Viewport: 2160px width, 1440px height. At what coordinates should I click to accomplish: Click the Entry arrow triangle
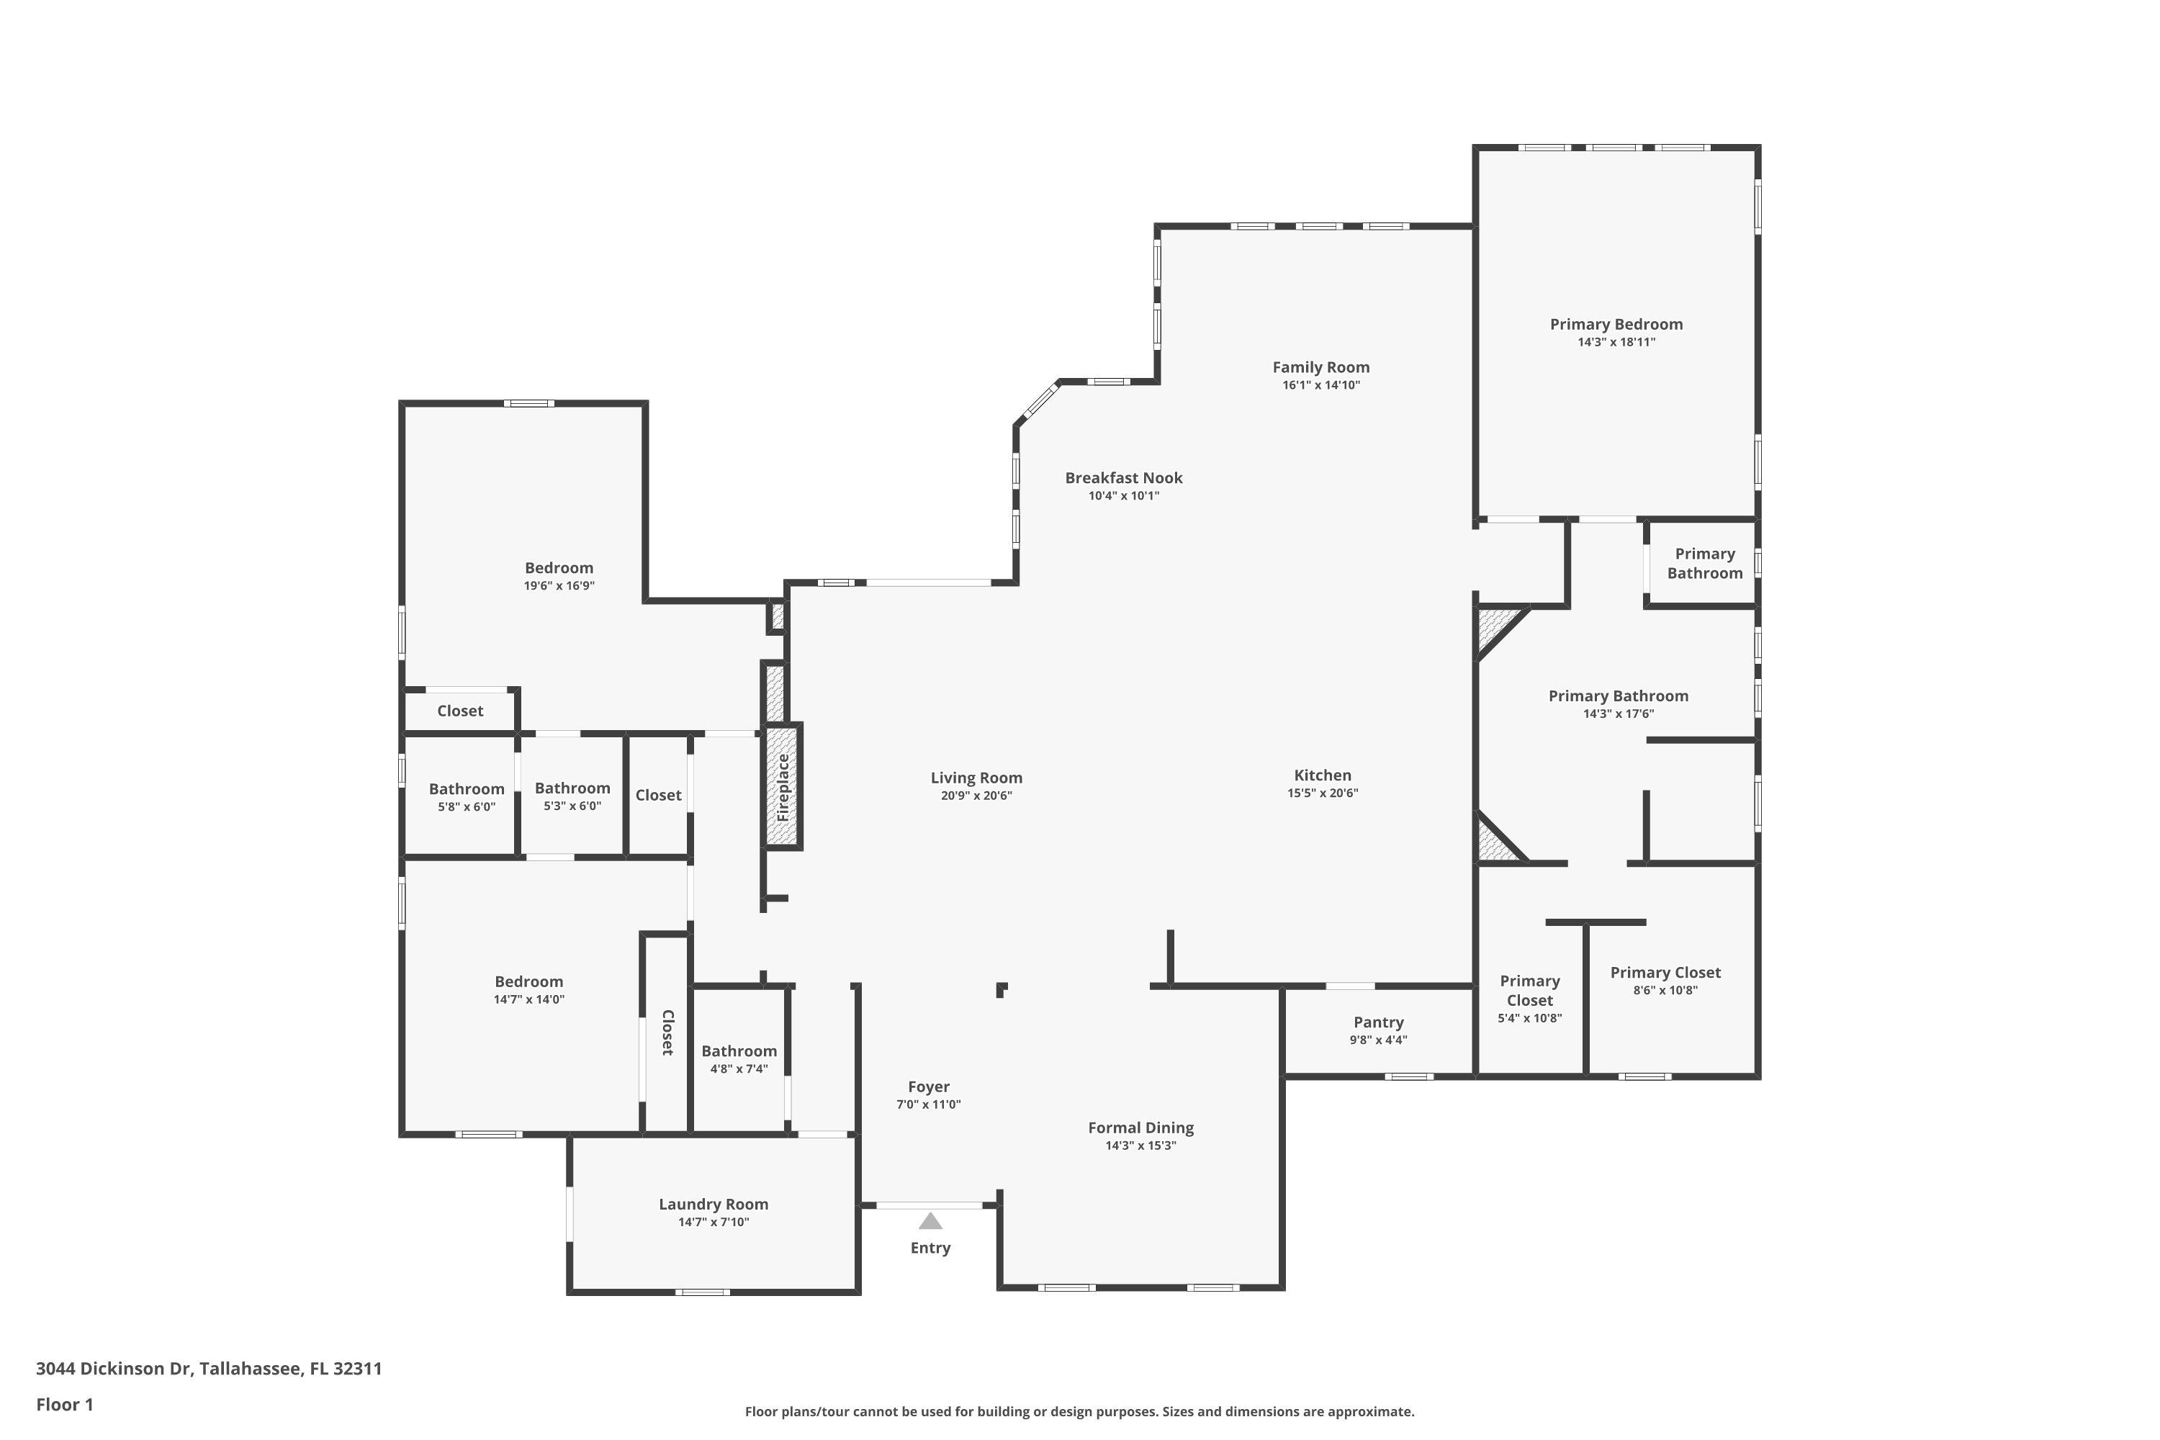pyautogui.click(x=930, y=1221)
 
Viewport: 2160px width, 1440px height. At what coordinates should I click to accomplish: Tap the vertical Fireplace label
pyautogui.click(x=783, y=787)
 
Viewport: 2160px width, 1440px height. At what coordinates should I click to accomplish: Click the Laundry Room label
pyautogui.click(x=713, y=1204)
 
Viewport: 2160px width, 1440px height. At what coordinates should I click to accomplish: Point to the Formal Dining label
pyautogui.click(x=1140, y=1128)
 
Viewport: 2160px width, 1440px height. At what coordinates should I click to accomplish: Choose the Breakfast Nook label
pyautogui.click(x=1123, y=477)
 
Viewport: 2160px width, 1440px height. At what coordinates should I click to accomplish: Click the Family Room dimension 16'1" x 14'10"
pyautogui.click(x=1320, y=384)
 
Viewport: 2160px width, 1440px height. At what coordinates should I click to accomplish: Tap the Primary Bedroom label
pyautogui.click(x=1616, y=324)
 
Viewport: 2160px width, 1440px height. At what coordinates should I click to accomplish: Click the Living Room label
pyautogui.click(x=976, y=778)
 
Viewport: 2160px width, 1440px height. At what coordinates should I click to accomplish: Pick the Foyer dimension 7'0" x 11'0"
pyautogui.click(x=929, y=1104)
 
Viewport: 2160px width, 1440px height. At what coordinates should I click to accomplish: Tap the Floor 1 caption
pyautogui.click(x=64, y=1404)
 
